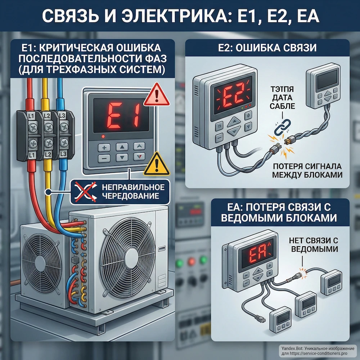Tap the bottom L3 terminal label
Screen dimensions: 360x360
pyautogui.click(x=63, y=154)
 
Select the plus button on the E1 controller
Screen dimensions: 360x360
pyautogui.click(x=104, y=148)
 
